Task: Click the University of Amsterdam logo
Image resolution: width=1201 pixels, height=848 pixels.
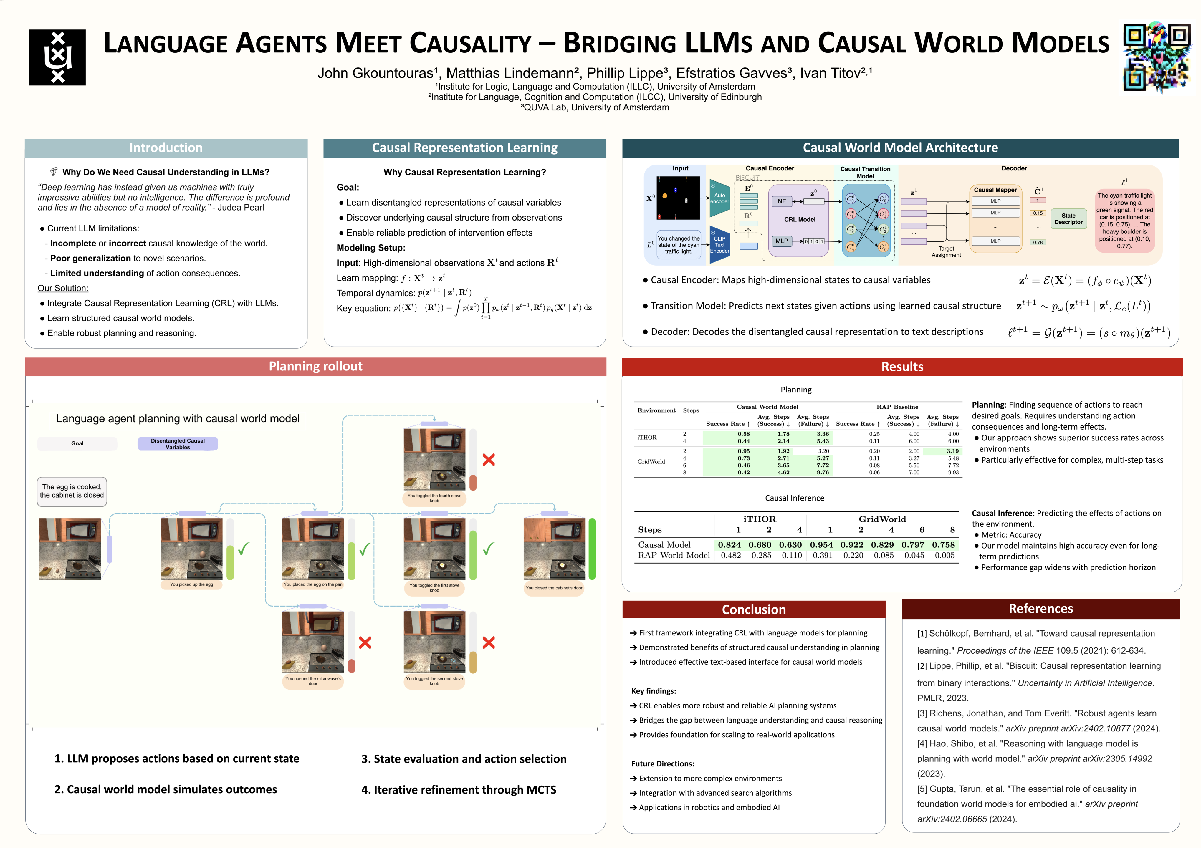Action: [x=57, y=57]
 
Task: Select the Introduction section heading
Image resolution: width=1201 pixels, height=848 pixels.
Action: [x=166, y=148]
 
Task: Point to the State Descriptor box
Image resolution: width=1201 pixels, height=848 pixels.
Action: [x=1068, y=218]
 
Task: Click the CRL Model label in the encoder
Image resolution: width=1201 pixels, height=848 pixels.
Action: [x=799, y=220]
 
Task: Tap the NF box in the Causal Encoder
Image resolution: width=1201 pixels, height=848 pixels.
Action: [x=782, y=201]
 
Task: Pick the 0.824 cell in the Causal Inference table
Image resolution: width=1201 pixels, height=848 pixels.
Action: [x=729, y=545]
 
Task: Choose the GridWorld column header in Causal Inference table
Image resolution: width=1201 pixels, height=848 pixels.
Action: [x=882, y=519]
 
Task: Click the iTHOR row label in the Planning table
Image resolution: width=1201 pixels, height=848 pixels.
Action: [x=647, y=438]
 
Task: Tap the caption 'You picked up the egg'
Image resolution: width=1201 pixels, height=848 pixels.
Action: [x=191, y=584]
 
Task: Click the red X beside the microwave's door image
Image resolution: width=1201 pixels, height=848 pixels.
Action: [x=365, y=642]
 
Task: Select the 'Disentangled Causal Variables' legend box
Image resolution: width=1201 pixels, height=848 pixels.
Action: [x=178, y=444]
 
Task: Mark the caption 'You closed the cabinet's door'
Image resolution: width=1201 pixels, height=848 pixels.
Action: [x=554, y=588]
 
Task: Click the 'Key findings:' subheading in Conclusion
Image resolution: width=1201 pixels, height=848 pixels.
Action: [x=653, y=691]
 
